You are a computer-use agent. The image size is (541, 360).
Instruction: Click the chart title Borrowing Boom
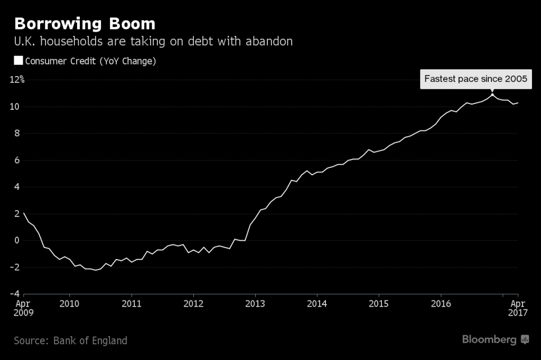coord(85,24)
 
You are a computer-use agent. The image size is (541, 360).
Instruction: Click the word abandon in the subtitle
coord(268,41)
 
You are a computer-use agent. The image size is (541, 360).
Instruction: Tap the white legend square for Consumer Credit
coord(18,61)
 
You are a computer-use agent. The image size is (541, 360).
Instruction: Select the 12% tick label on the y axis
coord(16,80)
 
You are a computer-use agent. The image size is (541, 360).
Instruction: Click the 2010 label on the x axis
coord(69,304)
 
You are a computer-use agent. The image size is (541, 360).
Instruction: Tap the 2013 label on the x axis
coord(255,304)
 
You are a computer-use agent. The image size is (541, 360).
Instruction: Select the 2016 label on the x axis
coord(441,304)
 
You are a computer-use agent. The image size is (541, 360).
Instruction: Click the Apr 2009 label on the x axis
coord(23,308)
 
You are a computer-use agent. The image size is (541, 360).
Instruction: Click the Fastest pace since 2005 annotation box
coord(476,79)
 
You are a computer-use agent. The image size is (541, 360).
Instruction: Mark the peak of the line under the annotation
coord(492,94)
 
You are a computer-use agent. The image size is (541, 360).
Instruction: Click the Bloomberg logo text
coord(489,339)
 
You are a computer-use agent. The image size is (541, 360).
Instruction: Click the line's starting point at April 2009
coord(24,213)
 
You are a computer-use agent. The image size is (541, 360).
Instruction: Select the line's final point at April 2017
coord(518,103)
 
